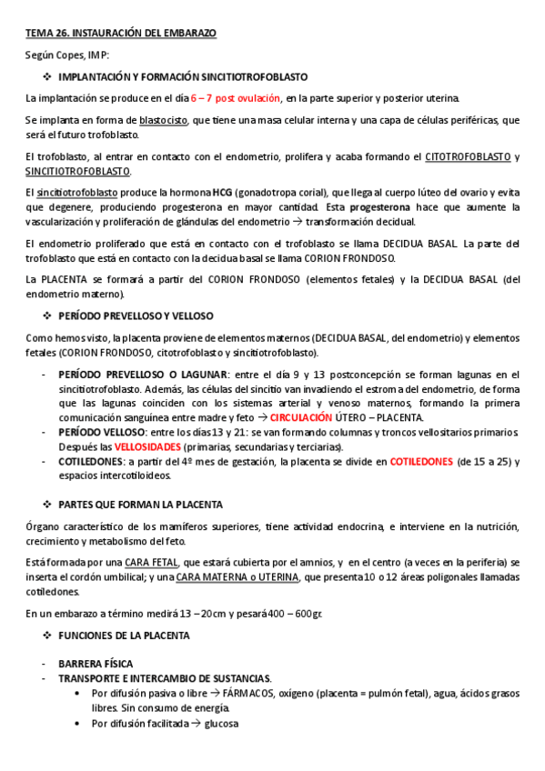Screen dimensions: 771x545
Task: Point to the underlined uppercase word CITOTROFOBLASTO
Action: pos(468,156)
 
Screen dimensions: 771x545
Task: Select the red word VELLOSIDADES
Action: pos(146,447)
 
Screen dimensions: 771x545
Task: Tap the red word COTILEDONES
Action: pos(421,462)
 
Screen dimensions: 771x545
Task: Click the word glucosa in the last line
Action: pos(223,723)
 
